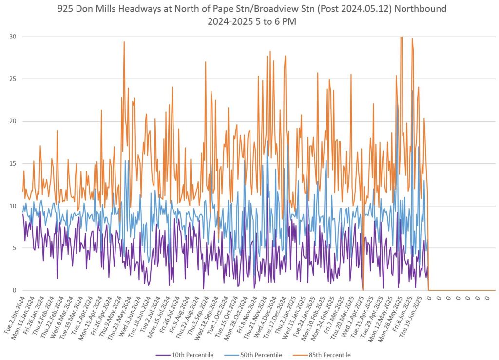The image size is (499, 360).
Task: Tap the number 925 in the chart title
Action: click(65, 9)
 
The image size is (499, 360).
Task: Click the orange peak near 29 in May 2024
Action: click(124, 42)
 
